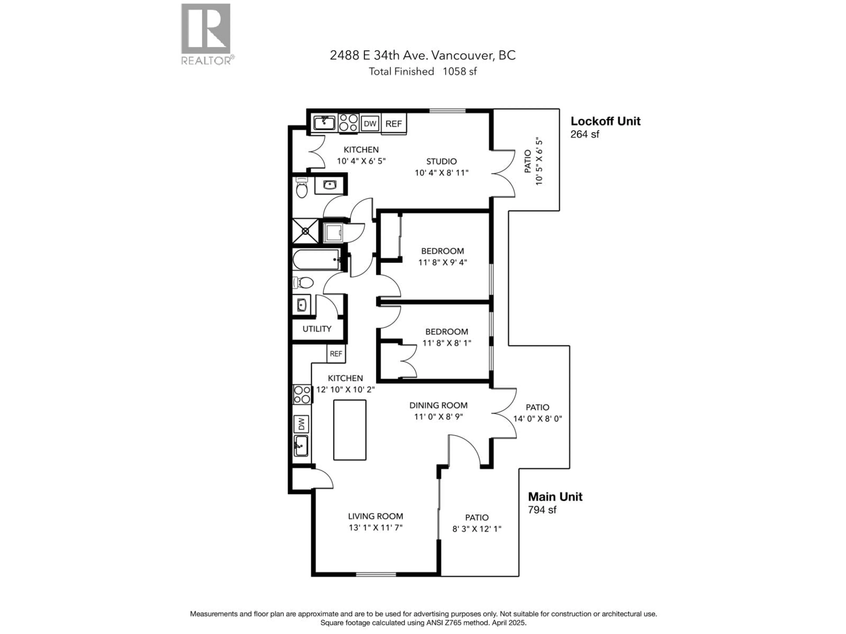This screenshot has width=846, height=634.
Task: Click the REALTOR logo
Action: click(x=206, y=34)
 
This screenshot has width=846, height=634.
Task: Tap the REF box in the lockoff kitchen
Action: click(x=393, y=124)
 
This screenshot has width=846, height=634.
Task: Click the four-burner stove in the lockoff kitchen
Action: click(x=348, y=123)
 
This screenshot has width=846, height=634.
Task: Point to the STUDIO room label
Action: click(x=441, y=161)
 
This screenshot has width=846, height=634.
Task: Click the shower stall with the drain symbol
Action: click(x=305, y=231)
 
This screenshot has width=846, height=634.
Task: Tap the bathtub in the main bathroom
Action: click(x=316, y=260)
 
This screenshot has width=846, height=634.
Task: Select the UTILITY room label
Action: click(x=317, y=329)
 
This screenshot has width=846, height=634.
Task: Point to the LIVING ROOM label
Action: click(x=375, y=516)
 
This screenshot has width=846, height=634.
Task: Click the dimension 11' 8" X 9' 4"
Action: click(x=443, y=263)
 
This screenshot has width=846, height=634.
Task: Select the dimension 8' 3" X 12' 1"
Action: click(x=477, y=529)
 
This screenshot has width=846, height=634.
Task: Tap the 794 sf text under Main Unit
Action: click(x=542, y=510)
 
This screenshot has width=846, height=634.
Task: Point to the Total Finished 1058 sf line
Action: click(x=422, y=72)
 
